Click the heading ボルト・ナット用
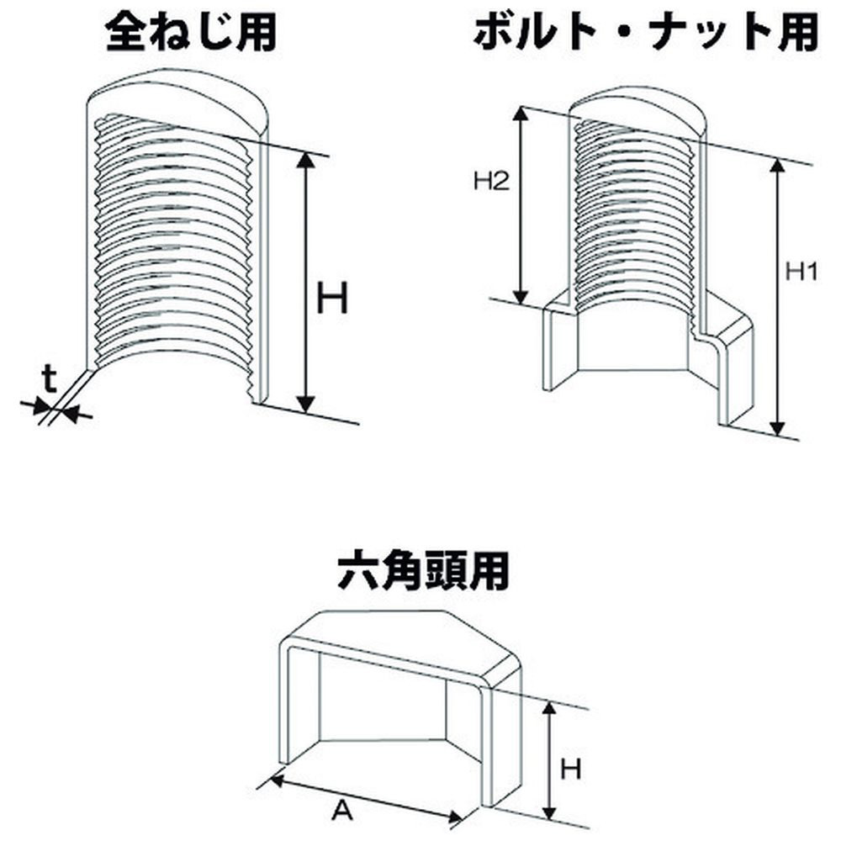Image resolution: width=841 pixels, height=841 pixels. [645, 34]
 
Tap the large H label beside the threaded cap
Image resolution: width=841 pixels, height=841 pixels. [332, 299]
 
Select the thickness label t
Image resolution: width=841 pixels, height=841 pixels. [50, 381]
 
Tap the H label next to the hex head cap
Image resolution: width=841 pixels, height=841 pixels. [573, 766]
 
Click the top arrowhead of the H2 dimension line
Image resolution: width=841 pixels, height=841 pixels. [522, 114]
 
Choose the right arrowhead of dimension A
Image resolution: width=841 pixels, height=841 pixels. [458, 819]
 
